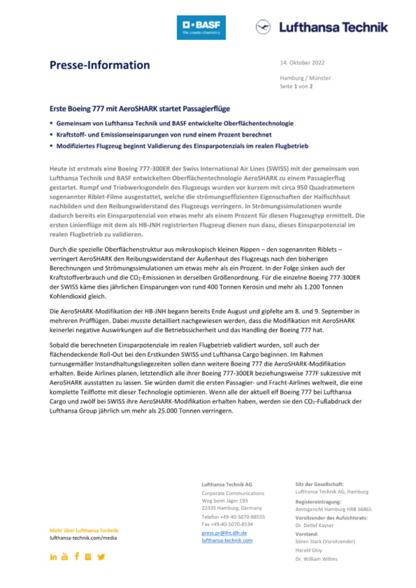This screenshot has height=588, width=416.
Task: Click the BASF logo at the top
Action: pyautogui.click(x=201, y=28)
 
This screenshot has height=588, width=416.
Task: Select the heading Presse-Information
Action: pyautogui.click(x=100, y=65)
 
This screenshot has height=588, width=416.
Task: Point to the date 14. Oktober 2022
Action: pyautogui.click(x=302, y=62)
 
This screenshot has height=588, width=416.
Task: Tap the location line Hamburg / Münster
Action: pyautogui.click(x=305, y=78)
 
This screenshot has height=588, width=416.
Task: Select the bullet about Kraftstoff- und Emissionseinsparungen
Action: pyautogui.click(x=163, y=135)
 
